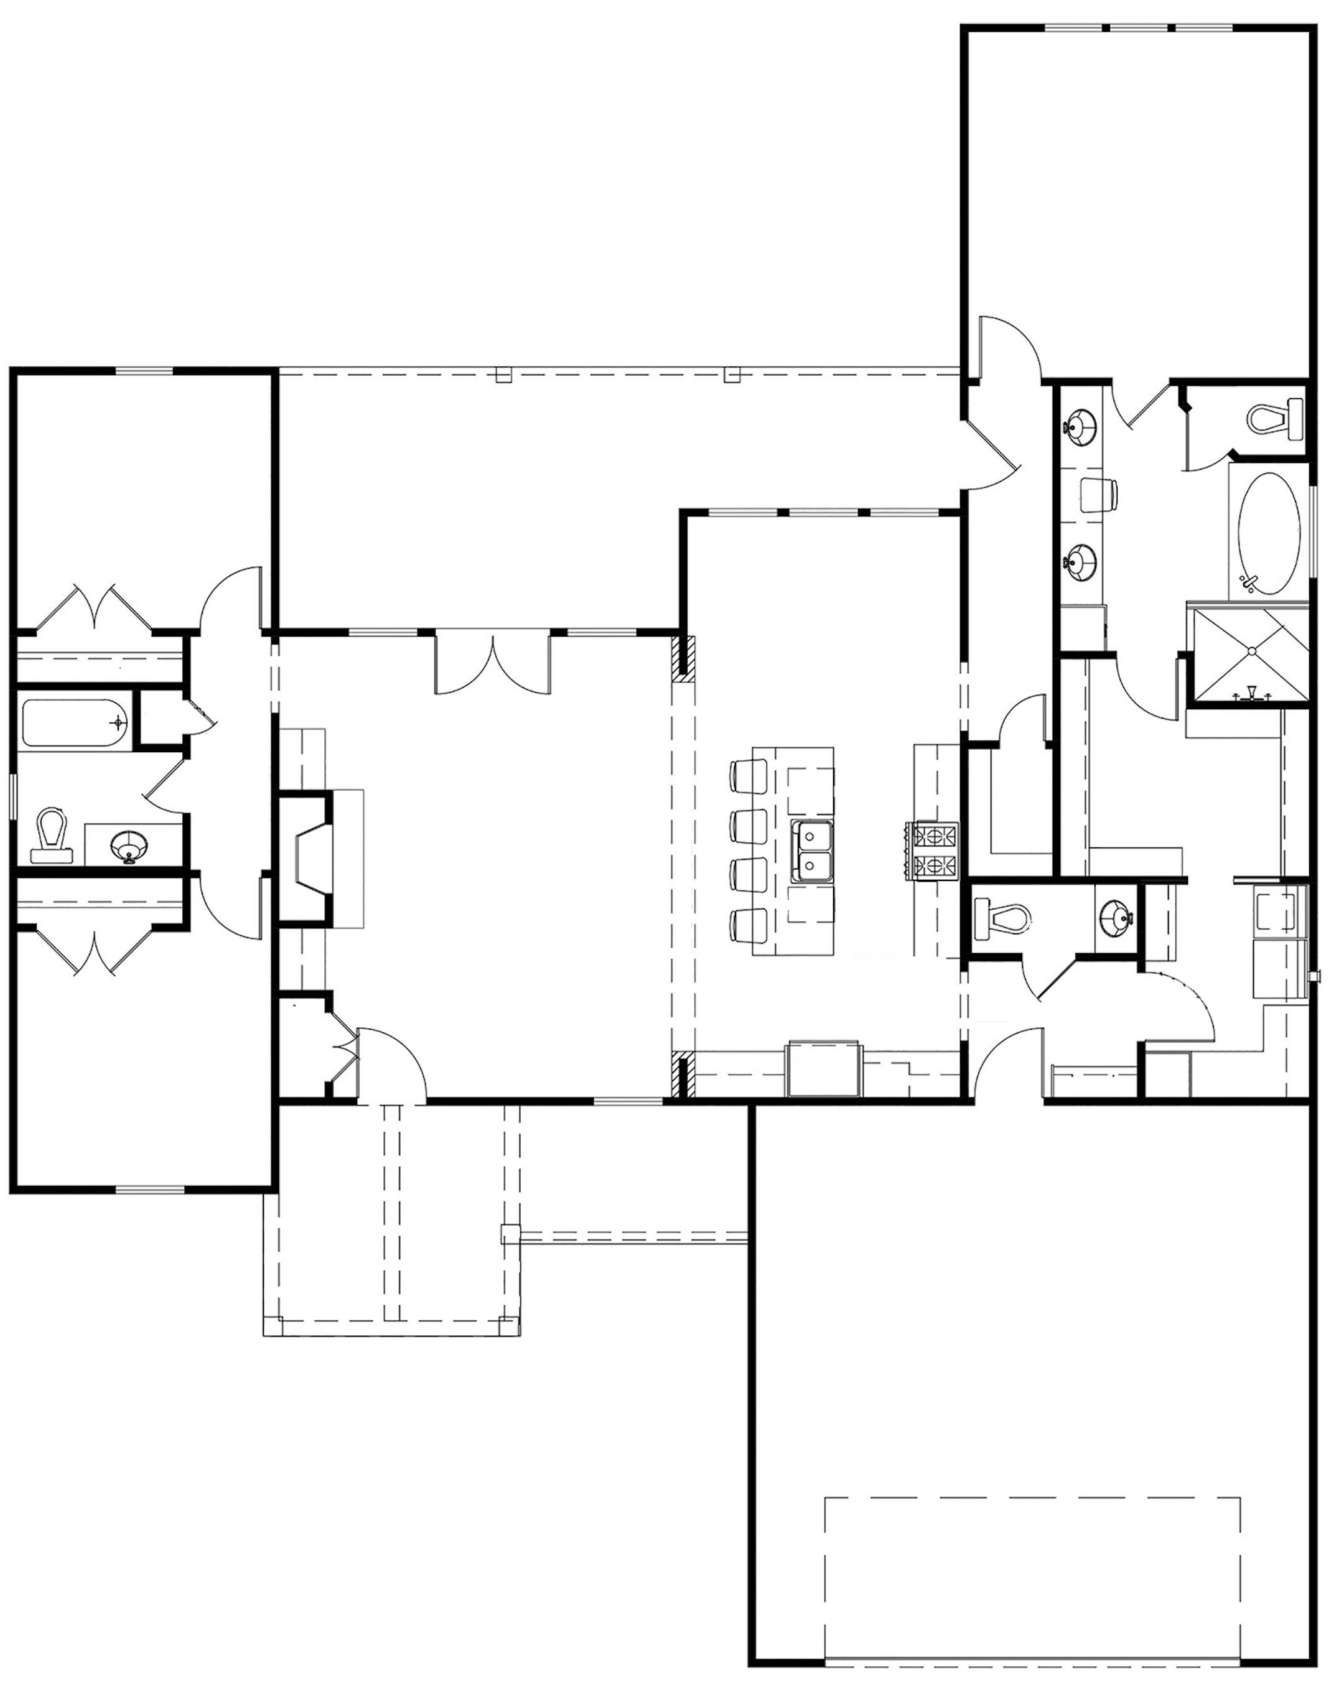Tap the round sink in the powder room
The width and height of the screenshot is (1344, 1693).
pos(1116,916)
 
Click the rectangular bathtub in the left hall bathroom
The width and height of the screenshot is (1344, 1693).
pos(75,721)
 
